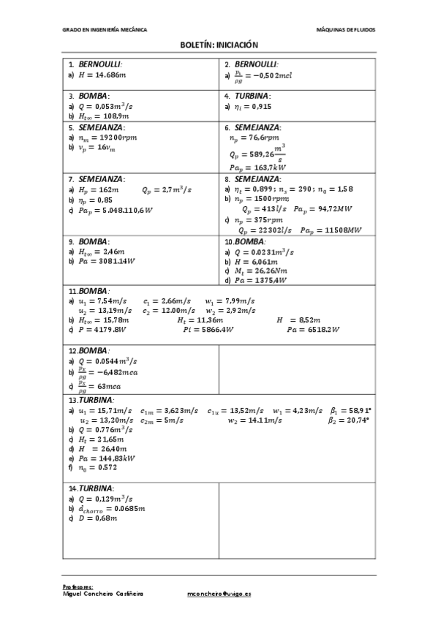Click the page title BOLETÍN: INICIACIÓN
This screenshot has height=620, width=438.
click(219, 45)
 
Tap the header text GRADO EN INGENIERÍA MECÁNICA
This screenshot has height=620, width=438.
click(105, 30)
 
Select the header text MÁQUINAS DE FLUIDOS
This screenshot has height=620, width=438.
click(346, 30)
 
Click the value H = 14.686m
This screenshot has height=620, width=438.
click(105, 75)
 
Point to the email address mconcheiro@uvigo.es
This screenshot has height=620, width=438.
click(219, 594)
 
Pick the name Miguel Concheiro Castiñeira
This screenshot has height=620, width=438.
click(103, 594)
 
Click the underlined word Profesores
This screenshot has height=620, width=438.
click(79, 587)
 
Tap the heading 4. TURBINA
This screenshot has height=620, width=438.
click(249, 95)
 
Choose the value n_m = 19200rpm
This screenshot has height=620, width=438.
click(106, 137)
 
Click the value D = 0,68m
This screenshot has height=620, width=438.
click(97, 518)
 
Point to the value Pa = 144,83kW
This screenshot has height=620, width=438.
click(106, 457)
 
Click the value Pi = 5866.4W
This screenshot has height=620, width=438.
click(208, 329)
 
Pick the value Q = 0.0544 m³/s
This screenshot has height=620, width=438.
click(108, 360)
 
